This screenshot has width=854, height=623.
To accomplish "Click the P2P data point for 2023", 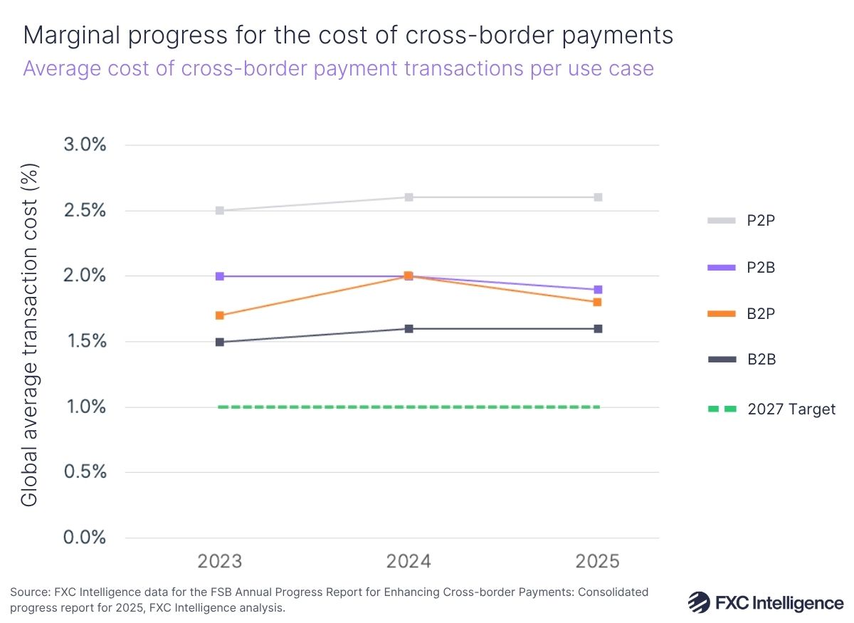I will (220, 211).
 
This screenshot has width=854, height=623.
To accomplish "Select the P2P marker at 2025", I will (598, 197).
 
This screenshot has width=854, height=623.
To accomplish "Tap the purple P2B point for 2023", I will (220, 276).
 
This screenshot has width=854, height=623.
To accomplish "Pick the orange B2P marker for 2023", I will (220, 315).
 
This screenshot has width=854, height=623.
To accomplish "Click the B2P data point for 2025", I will (598, 303).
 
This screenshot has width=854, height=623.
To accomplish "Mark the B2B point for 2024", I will (409, 328).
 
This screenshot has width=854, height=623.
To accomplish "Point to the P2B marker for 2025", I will (598, 290).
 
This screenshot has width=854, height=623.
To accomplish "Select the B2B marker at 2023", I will (220, 342).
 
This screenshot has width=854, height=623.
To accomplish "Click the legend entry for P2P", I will (760, 221).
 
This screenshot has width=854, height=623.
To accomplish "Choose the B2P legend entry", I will (760, 314).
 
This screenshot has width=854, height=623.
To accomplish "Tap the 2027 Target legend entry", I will (791, 409).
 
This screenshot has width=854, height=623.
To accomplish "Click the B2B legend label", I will (761, 360).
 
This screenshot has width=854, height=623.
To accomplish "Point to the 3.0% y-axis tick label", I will (85, 145).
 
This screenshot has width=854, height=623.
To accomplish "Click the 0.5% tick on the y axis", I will (85, 472).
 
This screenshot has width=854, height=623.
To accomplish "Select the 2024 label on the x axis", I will (409, 562).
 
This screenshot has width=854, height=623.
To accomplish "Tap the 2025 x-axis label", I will (598, 562).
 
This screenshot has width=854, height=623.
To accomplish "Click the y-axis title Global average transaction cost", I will (29, 335).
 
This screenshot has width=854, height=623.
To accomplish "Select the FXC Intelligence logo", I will (765, 602).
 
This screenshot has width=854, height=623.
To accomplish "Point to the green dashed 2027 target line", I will (409, 407).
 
